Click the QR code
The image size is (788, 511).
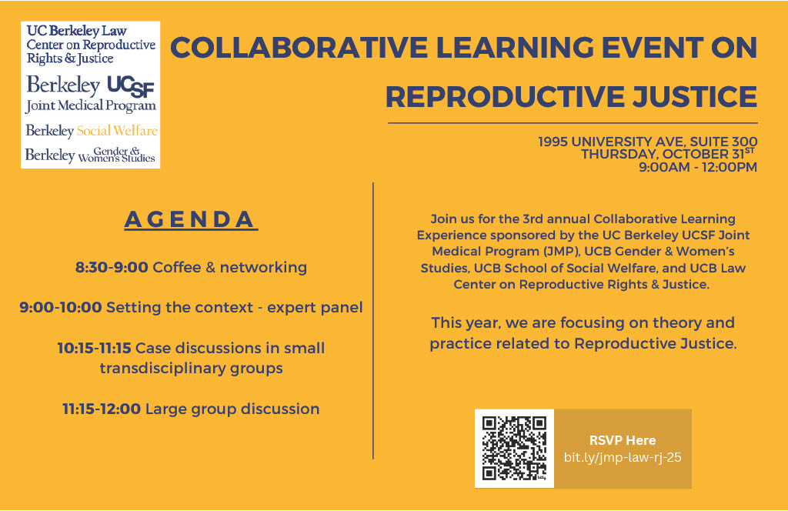(x=514, y=448)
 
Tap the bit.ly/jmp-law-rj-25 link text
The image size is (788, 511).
(x=623, y=457)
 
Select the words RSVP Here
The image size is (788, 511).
(x=623, y=440)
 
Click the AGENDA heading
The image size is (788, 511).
(x=191, y=219)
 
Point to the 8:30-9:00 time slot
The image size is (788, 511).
(x=112, y=267)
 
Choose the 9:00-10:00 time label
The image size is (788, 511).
(x=60, y=307)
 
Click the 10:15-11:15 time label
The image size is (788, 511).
(x=94, y=348)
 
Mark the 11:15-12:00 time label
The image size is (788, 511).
(x=102, y=409)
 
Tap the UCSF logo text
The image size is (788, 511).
(x=131, y=86)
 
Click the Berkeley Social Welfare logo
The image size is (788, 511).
(x=92, y=131)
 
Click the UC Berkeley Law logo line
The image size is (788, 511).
(x=76, y=31)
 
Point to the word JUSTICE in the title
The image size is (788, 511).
(x=695, y=97)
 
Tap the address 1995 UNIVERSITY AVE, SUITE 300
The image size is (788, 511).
(x=648, y=142)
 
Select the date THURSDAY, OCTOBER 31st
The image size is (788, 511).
(x=669, y=154)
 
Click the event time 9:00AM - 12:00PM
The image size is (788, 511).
(x=698, y=167)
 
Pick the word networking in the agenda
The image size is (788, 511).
(x=263, y=268)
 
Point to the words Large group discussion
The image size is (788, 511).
(x=232, y=409)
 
